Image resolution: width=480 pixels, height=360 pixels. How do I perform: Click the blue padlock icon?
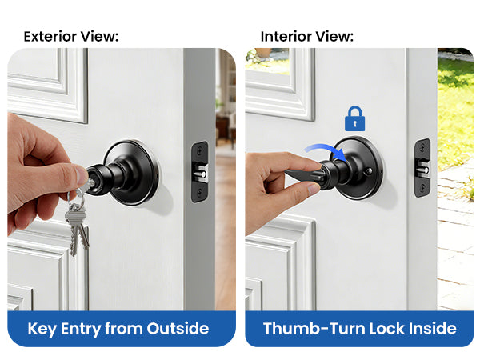click(x=354, y=119)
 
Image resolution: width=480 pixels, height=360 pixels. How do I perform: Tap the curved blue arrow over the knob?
click(x=325, y=148)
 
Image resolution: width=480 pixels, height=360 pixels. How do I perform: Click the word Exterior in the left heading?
click(x=50, y=37)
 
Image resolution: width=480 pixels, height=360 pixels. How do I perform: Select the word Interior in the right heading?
click(x=286, y=37)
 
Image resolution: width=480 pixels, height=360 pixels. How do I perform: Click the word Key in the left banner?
click(x=42, y=329)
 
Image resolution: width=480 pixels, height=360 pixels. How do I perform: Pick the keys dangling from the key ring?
click(x=77, y=230)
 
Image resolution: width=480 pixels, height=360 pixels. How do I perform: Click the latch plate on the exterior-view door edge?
click(x=199, y=172)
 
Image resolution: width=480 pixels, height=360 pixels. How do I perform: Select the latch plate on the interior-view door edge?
click(x=422, y=168)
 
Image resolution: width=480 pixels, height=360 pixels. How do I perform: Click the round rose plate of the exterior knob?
click(x=132, y=172)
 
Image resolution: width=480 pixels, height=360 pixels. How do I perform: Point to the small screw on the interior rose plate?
click(x=370, y=171)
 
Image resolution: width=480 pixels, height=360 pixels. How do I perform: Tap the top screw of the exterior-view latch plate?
click(x=199, y=150)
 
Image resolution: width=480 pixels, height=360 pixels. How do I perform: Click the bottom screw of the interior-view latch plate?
click(x=422, y=187)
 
